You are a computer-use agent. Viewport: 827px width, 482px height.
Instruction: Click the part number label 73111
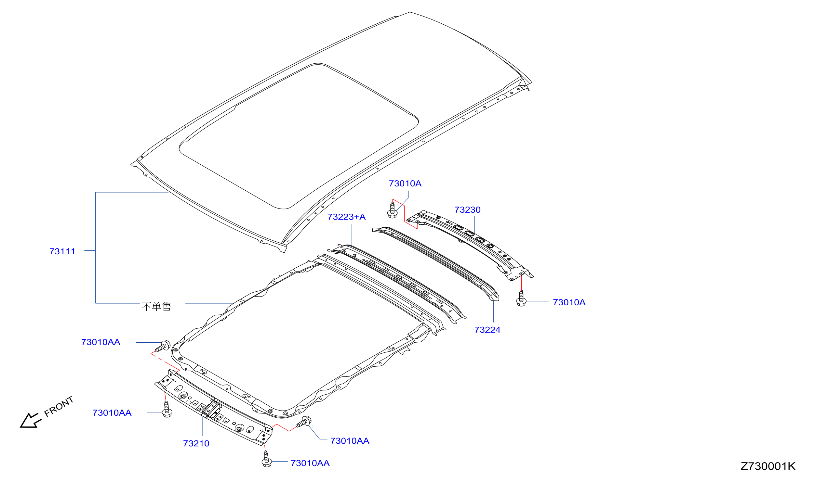point(62,251)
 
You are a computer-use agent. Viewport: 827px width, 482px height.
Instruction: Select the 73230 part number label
point(467,210)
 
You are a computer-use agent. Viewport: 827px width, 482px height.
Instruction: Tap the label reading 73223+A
point(346,217)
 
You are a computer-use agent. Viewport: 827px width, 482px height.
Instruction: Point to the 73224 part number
point(487,330)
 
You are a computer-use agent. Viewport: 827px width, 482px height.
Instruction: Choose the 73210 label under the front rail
point(196,444)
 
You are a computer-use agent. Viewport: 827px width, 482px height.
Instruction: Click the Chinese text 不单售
point(156,307)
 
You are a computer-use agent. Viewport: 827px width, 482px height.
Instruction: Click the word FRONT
point(59,407)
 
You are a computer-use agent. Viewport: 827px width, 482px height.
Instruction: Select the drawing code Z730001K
point(768,466)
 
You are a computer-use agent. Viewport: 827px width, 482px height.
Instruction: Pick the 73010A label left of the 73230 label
point(405,184)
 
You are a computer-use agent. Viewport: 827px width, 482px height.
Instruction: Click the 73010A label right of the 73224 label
point(569,302)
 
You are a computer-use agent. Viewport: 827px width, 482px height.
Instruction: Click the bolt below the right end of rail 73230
point(521,298)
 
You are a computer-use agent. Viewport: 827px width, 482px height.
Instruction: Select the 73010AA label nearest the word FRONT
point(112,413)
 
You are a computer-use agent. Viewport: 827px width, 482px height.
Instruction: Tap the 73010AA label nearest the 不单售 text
point(101,342)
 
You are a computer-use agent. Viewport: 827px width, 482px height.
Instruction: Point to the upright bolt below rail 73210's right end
point(266,459)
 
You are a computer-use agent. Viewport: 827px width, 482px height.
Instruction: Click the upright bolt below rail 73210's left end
point(167,409)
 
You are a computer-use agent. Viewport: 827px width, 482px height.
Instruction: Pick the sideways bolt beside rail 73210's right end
point(303,422)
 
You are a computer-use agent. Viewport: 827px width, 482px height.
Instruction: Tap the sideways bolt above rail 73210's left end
point(163,346)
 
